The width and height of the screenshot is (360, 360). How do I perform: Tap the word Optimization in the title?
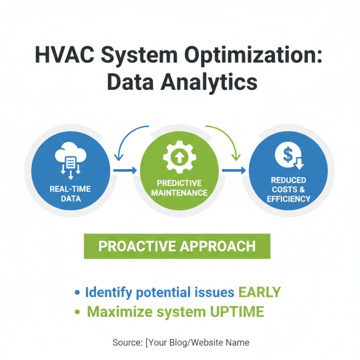pos(255,56)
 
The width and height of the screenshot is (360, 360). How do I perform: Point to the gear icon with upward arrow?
pos(179,157)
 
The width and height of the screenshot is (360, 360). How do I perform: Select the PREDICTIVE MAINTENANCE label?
pos(179,188)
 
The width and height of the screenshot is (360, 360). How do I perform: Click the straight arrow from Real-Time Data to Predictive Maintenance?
pos(125,171)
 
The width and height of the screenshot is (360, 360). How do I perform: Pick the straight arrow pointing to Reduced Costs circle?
pos(234,171)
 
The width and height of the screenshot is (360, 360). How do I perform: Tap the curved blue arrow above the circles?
pos(130,137)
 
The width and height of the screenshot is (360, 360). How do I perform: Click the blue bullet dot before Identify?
pos(77,293)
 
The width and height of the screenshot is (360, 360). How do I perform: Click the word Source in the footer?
pos(127,343)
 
